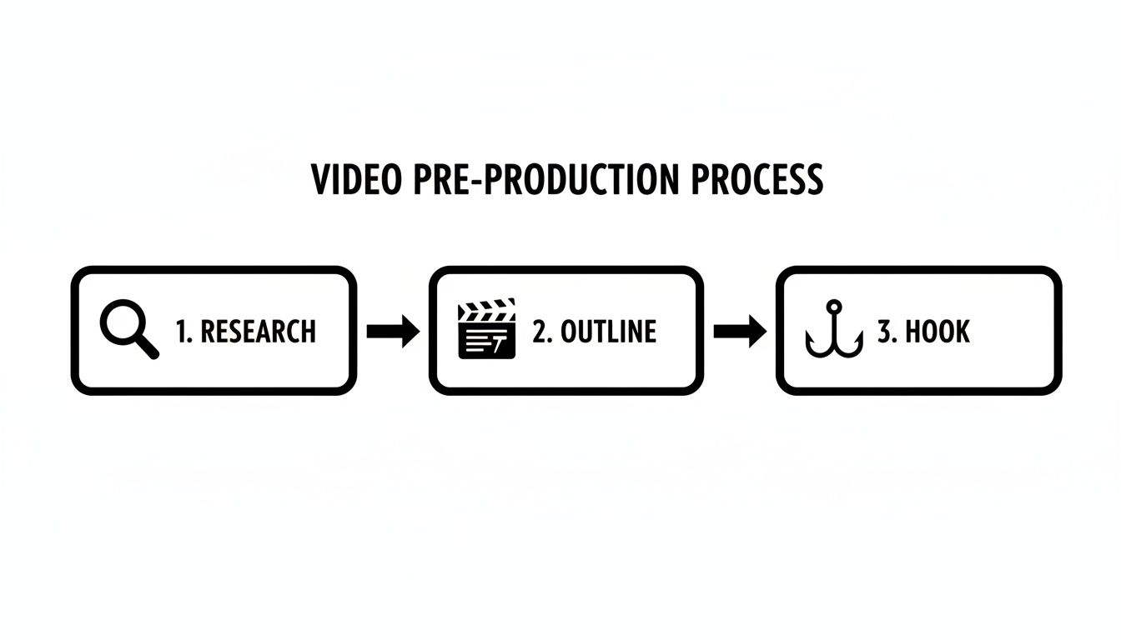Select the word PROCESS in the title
coord(757,179)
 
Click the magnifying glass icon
coord(128,330)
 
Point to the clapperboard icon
coord(487,330)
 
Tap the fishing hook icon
coord(832,331)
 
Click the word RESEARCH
coord(259,332)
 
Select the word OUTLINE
coord(608,332)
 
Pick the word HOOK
coord(938,332)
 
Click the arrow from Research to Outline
coord(393,332)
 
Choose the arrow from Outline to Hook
coord(740,332)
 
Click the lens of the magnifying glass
coord(122,322)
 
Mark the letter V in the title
coord(321,179)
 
